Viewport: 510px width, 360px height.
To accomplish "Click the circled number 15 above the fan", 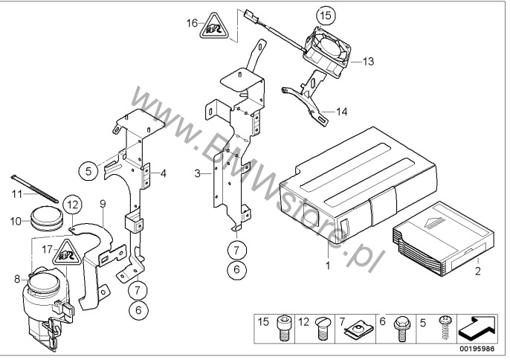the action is tap(326, 16).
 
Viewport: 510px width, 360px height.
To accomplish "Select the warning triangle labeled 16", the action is tap(213, 27).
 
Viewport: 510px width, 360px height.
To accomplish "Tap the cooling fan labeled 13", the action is tap(327, 52).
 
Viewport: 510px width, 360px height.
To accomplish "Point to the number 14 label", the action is tap(341, 112).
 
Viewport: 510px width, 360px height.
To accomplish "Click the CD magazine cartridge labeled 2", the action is tap(443, 239).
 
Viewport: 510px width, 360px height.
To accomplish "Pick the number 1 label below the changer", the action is tap(328, 266).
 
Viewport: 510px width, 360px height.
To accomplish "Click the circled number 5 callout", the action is tap(88, 171).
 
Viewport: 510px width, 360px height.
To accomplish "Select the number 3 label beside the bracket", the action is tap(198, 173).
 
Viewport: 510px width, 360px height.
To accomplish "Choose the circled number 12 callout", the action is tap(73, 205).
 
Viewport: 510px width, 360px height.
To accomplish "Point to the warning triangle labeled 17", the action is tap(67, 252).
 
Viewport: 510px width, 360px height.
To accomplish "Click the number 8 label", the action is tap(17, 279).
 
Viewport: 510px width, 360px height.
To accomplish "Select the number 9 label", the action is tap(103, 204).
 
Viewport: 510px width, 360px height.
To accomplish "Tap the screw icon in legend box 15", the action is tap(283, 329).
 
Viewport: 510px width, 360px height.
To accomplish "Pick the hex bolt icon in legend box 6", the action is tap(399, 328).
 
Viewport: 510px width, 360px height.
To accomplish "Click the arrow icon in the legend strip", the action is tap(477, 330).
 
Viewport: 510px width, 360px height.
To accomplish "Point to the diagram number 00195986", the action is tap(477, 350).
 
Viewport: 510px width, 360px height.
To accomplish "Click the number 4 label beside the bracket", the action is tap(164, 173).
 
